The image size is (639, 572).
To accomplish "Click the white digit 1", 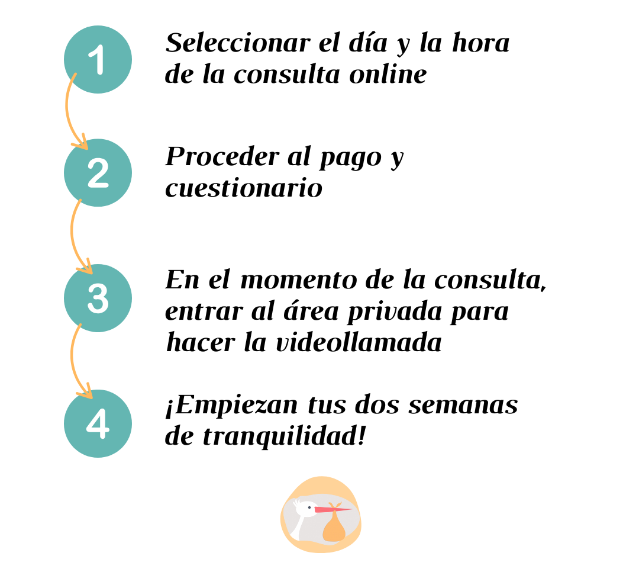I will [x=97, y=60].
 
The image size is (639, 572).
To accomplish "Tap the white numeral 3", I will [x=98, y=298].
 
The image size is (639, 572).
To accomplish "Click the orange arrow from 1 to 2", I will [x=66, y=110].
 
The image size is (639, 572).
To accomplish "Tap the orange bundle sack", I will [x=334, y=529].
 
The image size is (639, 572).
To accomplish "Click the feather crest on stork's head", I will [x=295, y=503].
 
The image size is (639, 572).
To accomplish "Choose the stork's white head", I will [x=307, y=509].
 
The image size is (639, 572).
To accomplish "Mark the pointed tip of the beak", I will [x=351, y=509].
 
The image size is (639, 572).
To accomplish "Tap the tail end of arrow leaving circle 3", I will [x=80, y=325].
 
